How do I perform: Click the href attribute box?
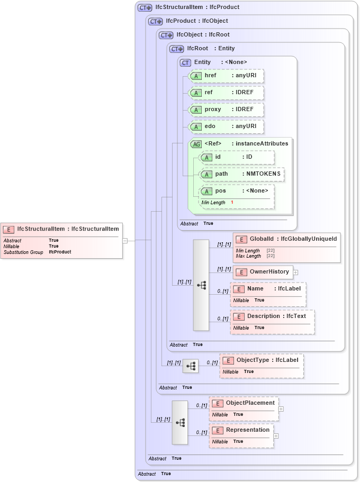(x=226, y=76)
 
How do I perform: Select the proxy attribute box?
(x=226, y=110)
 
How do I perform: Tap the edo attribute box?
(x=226, y=126)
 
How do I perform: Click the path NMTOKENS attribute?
(x=242, y=174)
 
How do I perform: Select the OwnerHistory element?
(x=263, y=272)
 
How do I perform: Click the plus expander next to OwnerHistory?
(x=295, y=272)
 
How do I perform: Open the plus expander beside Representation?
(x=276, y=436)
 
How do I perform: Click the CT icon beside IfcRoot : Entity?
(x=176, y=49)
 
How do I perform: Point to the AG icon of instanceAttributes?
(x=196, y=144)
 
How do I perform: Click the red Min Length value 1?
(x=232, y=203)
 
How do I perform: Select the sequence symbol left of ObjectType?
(x=191, y=366)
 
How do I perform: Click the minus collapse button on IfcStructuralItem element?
(x=125, y=240)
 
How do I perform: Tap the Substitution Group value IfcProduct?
(x=60, y=252)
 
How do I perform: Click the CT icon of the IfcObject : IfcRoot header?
(x=166, y=35)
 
